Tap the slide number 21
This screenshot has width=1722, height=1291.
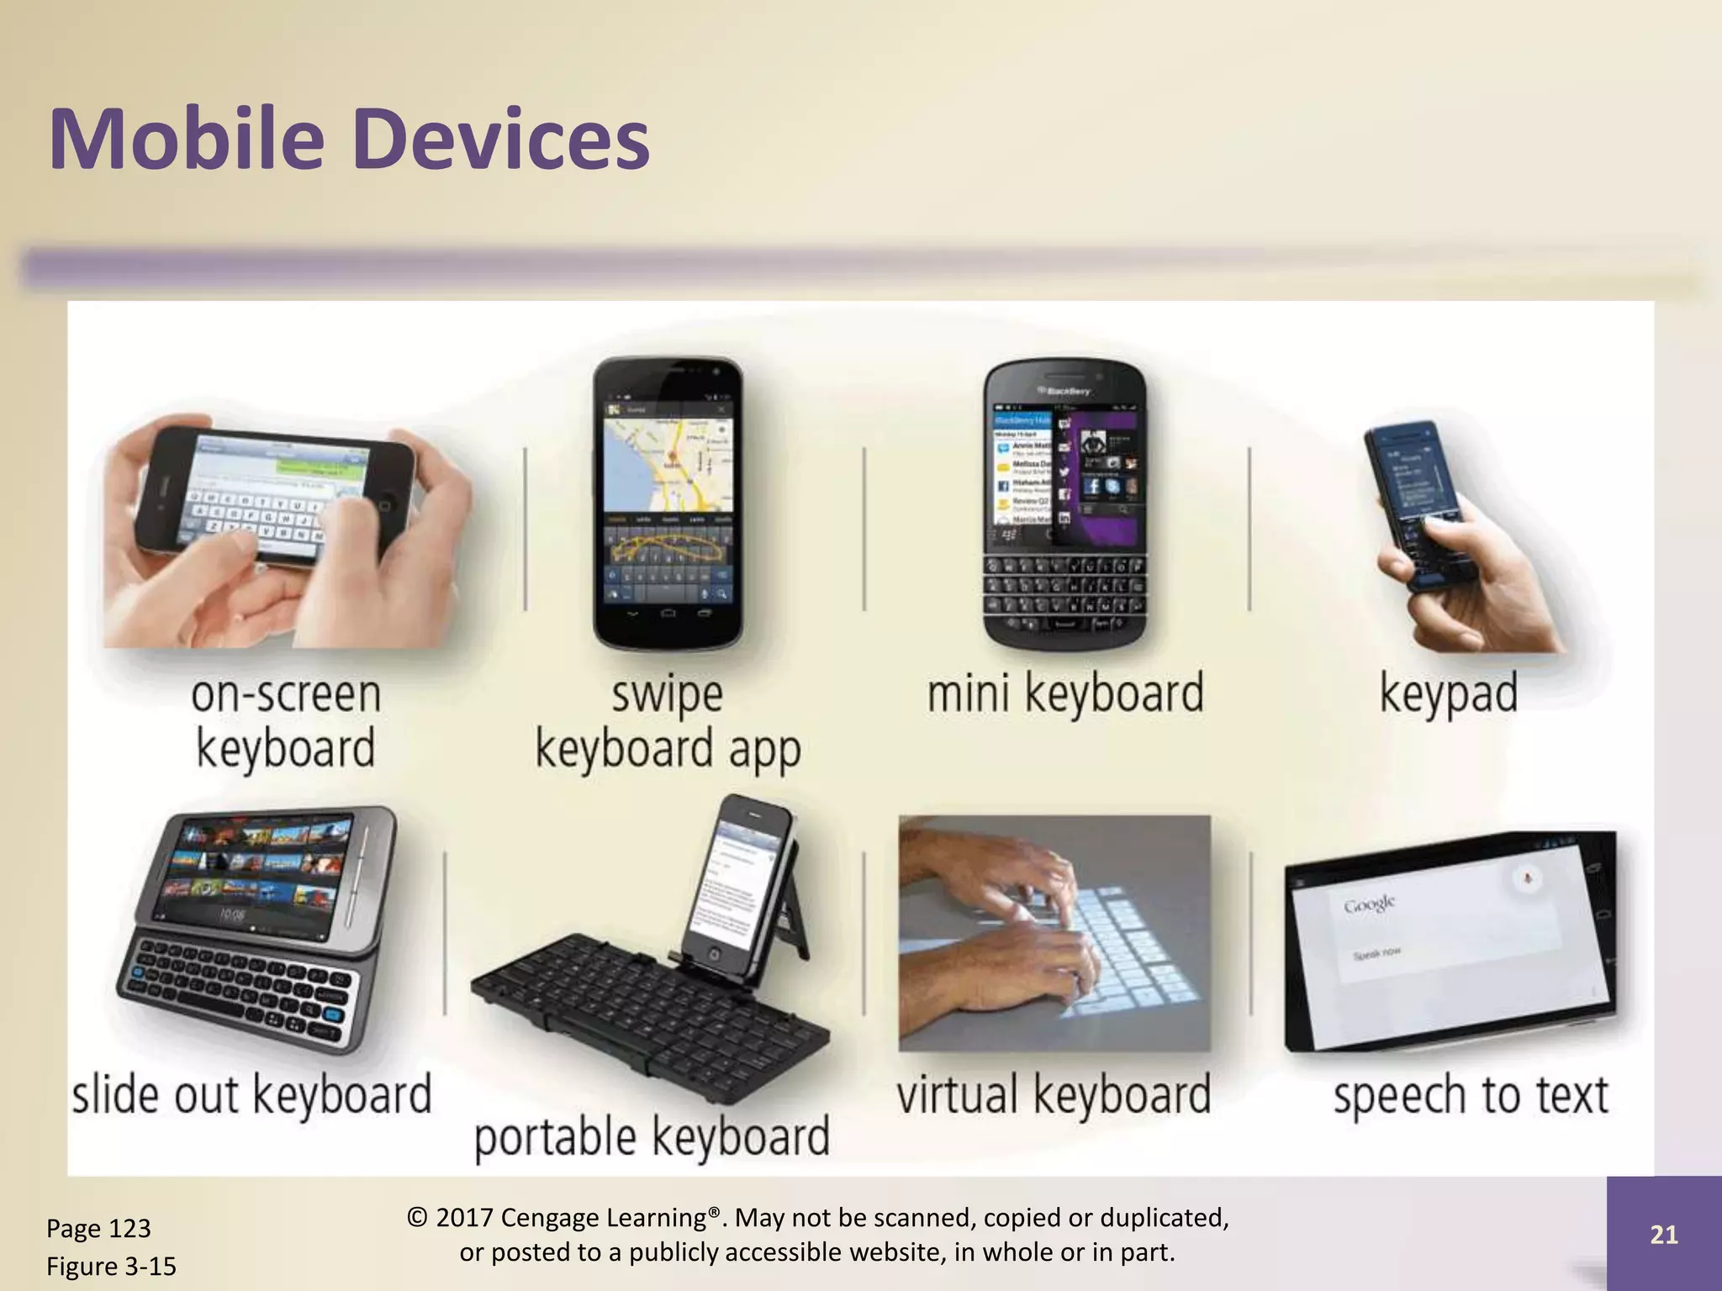(1663, 1234)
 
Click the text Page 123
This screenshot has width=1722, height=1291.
(98, 1228)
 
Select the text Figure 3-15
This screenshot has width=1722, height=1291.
(111, 1266)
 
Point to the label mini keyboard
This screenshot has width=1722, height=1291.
(1064, 693)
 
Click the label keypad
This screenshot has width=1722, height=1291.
(1448, 693)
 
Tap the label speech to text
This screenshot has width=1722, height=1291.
(1470, 1094)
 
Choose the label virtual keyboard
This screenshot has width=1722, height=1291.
(1053, 1094)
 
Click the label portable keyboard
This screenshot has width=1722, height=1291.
(652, 1136)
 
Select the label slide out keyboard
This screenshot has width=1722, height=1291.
(251, 1094)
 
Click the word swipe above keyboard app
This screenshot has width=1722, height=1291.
(666, 694)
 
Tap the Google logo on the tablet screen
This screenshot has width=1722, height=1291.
(1369, 904)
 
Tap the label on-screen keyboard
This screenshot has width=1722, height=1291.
(285, 721)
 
